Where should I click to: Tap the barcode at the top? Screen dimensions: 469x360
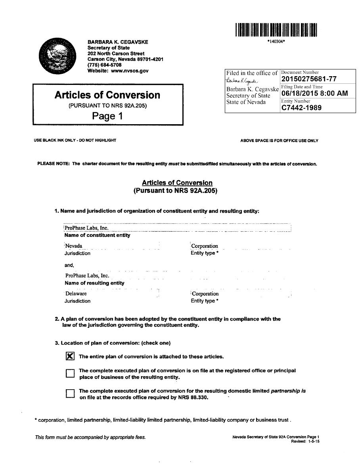(276, 30)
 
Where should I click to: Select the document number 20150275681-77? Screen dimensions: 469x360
(309, 79)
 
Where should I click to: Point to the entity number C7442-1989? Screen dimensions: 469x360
(301, 108)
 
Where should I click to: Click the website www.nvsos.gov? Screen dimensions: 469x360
(130, 71)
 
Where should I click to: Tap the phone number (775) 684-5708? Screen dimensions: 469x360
(105, 65)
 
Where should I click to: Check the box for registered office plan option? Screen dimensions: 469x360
(70, 373)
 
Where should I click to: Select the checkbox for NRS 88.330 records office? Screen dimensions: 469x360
(70, 393)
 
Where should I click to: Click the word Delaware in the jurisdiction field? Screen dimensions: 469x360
(76, 294)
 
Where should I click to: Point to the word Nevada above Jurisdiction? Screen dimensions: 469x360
(74, 246)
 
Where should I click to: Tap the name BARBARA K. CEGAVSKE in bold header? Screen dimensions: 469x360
(118, 42)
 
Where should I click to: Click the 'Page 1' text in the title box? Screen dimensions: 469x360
(107, 116)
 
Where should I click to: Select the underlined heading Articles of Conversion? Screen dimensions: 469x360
(177, 183)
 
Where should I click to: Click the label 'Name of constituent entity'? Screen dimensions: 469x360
(97, 235)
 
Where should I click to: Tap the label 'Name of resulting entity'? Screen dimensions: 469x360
(94, 283)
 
